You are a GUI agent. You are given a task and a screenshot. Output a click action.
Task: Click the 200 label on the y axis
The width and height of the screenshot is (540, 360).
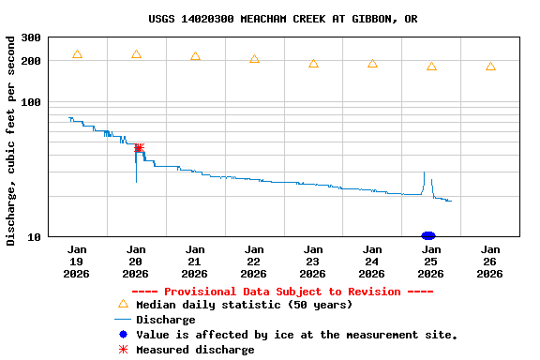click(x=30, y=61)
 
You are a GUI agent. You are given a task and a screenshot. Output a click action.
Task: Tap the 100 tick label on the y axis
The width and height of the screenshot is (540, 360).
click(x=30, y=102)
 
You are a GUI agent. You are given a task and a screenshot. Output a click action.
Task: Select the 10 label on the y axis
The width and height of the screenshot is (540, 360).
click(x=34, y=236)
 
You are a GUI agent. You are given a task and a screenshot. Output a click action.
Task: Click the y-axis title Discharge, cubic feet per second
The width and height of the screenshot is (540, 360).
click(x=11, y=141)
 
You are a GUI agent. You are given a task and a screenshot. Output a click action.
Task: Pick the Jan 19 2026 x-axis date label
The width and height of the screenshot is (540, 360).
click(x=77, y=262)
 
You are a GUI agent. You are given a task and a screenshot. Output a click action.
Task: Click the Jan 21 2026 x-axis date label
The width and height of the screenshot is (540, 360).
click(x=195, y=262)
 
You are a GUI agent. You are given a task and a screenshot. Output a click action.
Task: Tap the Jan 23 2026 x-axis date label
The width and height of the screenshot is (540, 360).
click(x=313, y=262)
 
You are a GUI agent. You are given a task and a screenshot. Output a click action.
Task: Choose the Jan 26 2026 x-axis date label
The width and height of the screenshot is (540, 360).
click(x=490, y=262)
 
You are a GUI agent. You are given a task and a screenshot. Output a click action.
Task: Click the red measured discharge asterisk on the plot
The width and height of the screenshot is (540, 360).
click(x=139, y=147)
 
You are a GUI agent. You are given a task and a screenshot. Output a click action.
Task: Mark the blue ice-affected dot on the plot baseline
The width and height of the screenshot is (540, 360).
click(x=428, y=235)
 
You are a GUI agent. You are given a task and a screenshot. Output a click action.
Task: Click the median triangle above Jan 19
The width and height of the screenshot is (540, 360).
click(x=77, y=54)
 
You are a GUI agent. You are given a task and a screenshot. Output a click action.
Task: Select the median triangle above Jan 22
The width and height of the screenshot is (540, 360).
click(x=254, y=59)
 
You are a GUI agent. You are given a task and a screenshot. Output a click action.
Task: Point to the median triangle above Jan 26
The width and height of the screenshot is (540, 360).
click(x=490, y=67)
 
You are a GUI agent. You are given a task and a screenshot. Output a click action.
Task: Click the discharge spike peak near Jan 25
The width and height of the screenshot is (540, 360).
click(x=425, y=172)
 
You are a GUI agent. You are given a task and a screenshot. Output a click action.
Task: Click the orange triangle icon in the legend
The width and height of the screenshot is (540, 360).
click(x=122, y=304)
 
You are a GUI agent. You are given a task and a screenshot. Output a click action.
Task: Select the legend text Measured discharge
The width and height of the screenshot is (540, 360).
click(x=195, y=350)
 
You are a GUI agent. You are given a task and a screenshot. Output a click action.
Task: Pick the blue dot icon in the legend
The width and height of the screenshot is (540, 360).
click(x=122, y=335)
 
